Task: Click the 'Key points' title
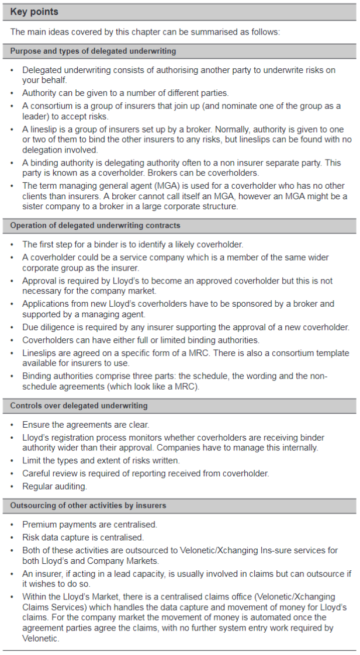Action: tap(34, 12)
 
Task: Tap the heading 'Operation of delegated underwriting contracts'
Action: tap(95, 226)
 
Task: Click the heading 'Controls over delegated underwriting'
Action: tap(79, 406)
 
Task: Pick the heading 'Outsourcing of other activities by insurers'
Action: tap(88, 505)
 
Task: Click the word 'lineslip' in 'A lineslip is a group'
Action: tap(46, 129)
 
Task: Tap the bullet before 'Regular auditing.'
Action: tap(13, 486)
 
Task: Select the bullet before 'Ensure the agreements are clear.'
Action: tap(13, 425)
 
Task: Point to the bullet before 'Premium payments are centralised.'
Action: tap(13, 525)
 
